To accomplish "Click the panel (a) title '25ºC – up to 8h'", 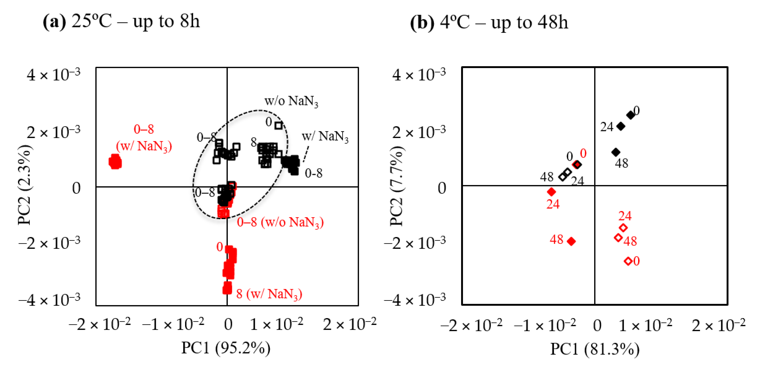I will pos(135,21).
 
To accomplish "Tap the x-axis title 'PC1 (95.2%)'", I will pos(226,348).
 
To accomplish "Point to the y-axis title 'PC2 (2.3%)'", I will pos(25,185).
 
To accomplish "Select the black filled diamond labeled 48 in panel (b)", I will pos(616,152).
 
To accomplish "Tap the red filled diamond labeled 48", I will pos(571,241).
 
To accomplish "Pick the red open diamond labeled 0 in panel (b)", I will pos(628,261).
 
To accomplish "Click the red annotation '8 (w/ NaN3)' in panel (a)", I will pos(269,294).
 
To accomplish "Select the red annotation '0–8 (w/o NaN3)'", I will pos(280,222).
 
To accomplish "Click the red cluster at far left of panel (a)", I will pos(115,162).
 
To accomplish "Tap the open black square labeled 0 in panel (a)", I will pos(278,125).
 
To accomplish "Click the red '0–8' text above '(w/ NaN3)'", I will pos(144,129).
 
